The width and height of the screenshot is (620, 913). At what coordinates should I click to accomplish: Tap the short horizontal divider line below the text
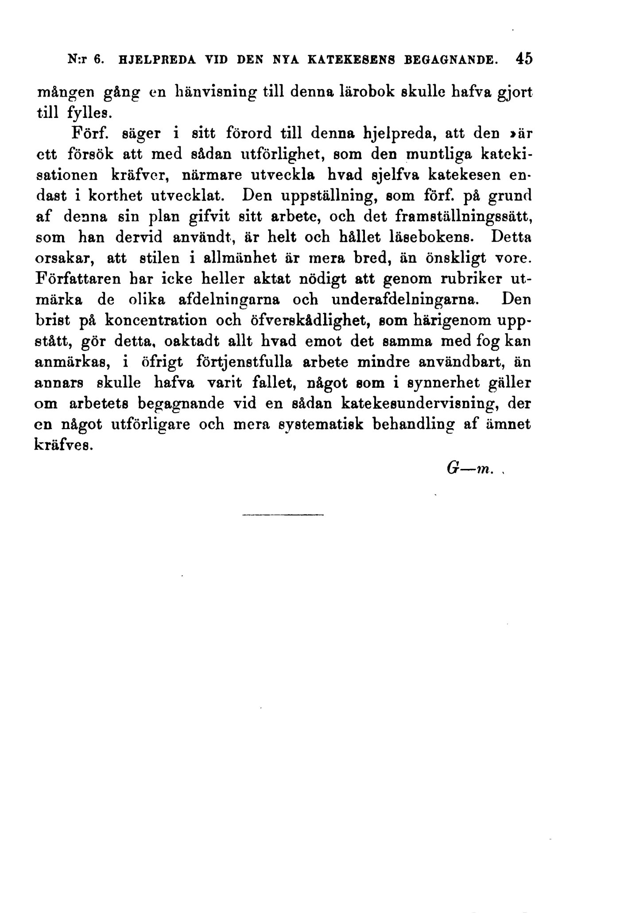tap(283, 515)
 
